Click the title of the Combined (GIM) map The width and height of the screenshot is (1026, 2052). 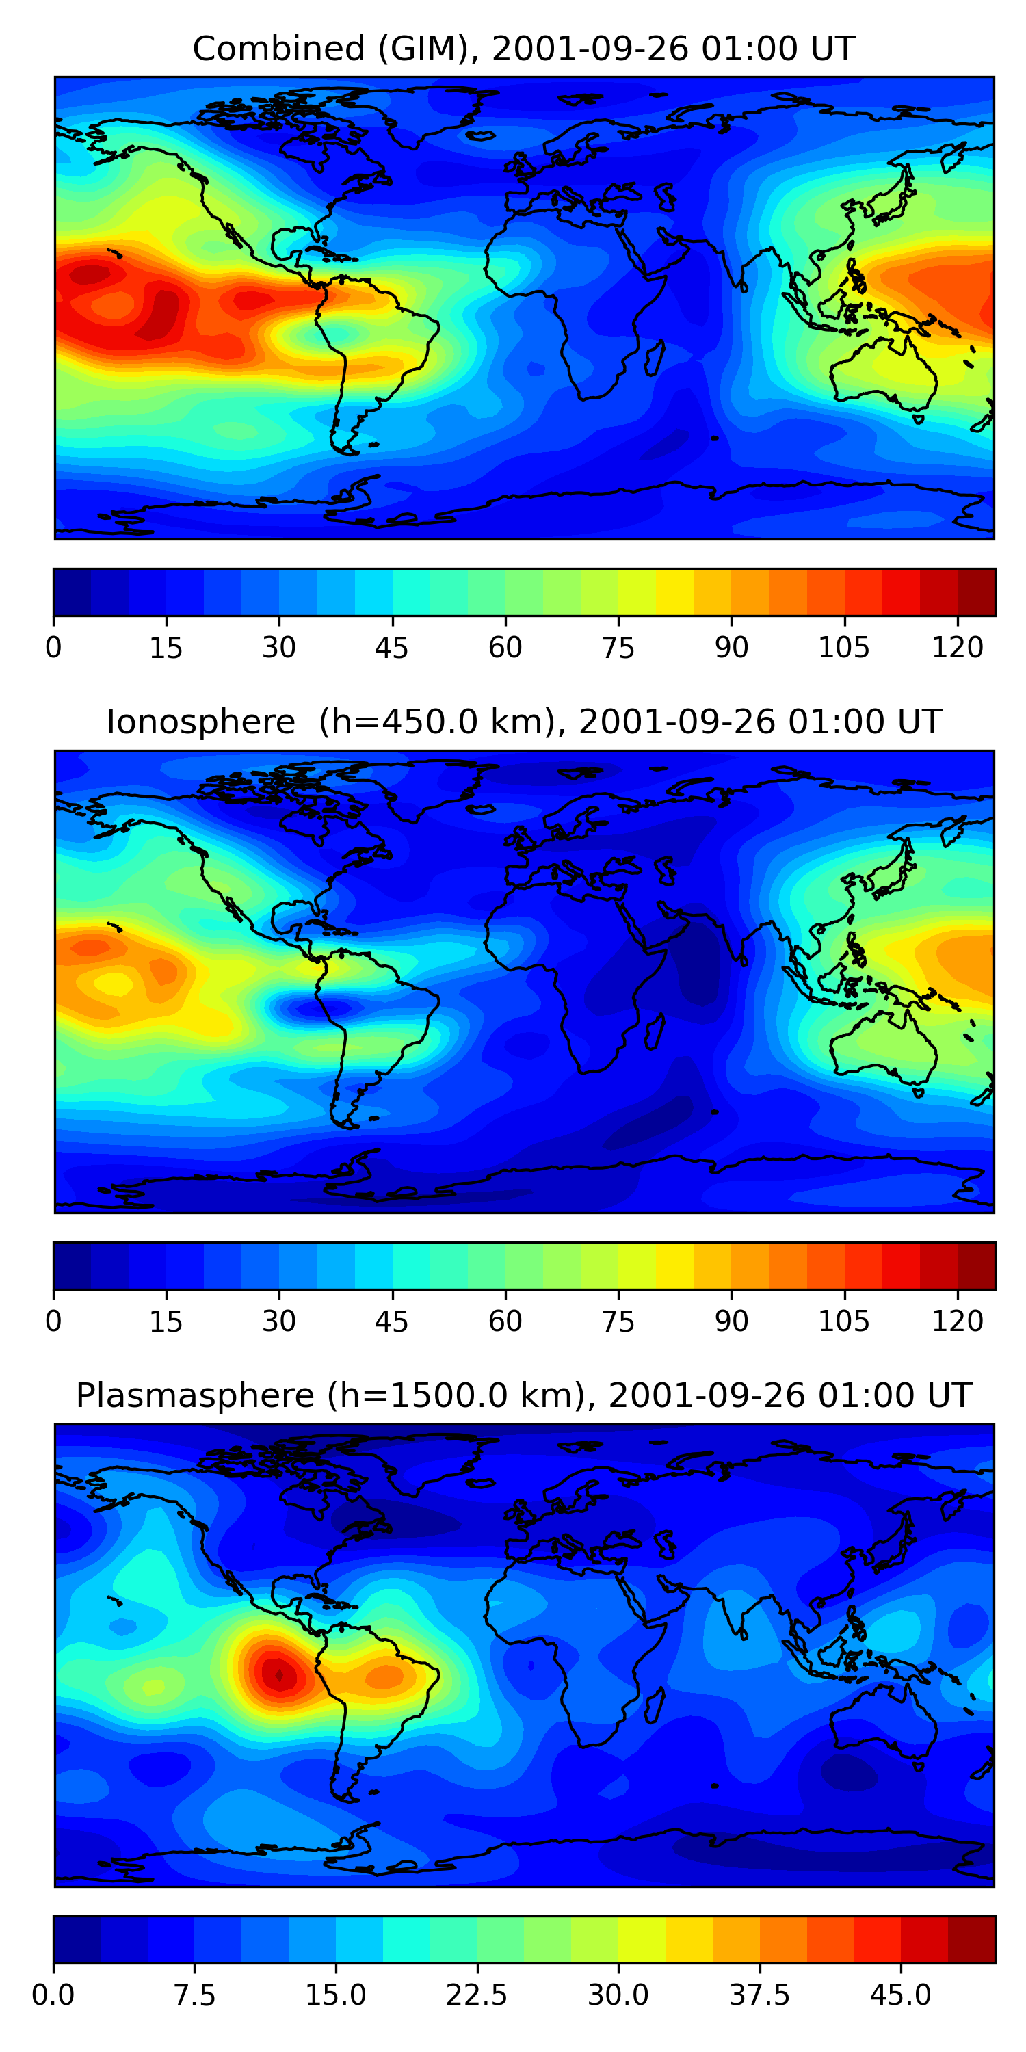[523, 49]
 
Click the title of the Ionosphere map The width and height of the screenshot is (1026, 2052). [523, 722]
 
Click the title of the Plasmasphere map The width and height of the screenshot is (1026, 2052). [523, 1395]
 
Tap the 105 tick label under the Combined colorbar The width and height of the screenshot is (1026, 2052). [843, 648]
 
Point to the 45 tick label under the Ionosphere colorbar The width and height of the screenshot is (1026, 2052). [391, 1321]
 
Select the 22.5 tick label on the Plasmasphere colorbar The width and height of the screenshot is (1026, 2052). [476, 1995]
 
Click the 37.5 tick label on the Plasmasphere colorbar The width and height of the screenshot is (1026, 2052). [759, 1995]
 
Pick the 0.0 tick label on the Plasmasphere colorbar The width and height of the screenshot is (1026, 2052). [53, 1995]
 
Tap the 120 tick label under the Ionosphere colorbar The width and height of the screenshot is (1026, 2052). [957, 1321]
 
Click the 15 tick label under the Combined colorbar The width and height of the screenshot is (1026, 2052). [166, 648]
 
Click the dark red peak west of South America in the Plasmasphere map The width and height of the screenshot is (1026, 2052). [279, 1675]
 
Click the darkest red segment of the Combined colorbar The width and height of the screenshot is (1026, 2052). [976, 592]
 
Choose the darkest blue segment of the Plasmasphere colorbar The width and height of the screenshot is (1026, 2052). [77, 1940]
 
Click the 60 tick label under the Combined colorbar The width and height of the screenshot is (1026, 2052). [505, 648]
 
